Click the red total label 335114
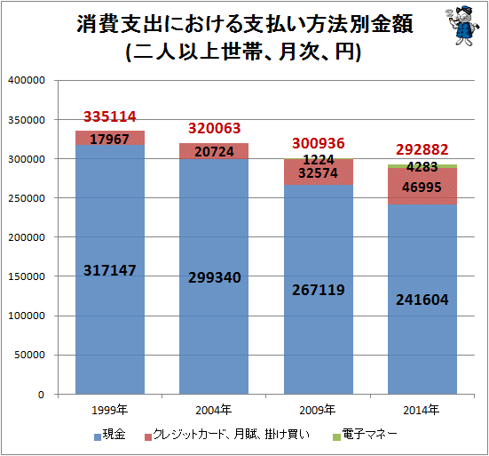click(110, 116)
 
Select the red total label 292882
click(422, 149)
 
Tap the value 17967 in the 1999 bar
click(109, 140)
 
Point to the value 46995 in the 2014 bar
click(422, 188)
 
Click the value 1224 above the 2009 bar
click(319, 160)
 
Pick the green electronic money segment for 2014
click(422, 166)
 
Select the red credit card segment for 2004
click(214, 151)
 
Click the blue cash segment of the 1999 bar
click(110, 269)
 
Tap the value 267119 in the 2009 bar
click(319, 290)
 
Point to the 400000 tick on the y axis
click(27, 80)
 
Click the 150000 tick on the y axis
click(27, 276)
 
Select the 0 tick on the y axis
click(41, 395)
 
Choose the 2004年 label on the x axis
click(214, 410)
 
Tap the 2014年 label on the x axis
click(421, 410)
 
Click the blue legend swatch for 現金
click(98, 437)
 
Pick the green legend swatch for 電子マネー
click(336, 437)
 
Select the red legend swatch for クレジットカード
click(148, 437)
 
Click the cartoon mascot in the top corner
click(462, 26)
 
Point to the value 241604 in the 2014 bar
click(422, 300)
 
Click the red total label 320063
click(215, 128)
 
